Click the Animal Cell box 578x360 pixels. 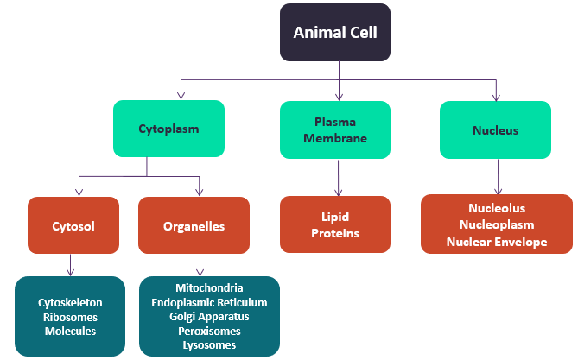[x=335, y=33]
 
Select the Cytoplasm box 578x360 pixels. [x=168, y=129]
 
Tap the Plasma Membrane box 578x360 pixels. [x=335, y=129]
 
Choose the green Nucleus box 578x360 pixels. [x=495, y=129]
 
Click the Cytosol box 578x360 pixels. [x=73, y=225]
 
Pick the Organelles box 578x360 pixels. [x=194, y=225]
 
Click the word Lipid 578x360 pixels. [x=335, y=217]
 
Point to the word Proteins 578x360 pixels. [x=335, y=233]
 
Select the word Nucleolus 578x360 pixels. [x=497, y=208]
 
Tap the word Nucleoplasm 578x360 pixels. [x=497, y=224]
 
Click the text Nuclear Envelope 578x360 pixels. [x=497, y=242]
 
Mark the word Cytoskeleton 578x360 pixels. [x=70, y=303]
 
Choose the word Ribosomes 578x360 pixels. [x=70, y=317]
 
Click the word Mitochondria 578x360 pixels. [x=209, y=287]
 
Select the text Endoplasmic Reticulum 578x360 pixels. [x=209, y=302]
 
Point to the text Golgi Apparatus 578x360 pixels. [x=209, y=317]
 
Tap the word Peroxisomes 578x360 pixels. [x=209, y=332]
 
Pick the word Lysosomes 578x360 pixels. [x=209, y=345]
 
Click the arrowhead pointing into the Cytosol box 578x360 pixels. [x=79, y=192]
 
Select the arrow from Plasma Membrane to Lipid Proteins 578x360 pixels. [x=339, y=178]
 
